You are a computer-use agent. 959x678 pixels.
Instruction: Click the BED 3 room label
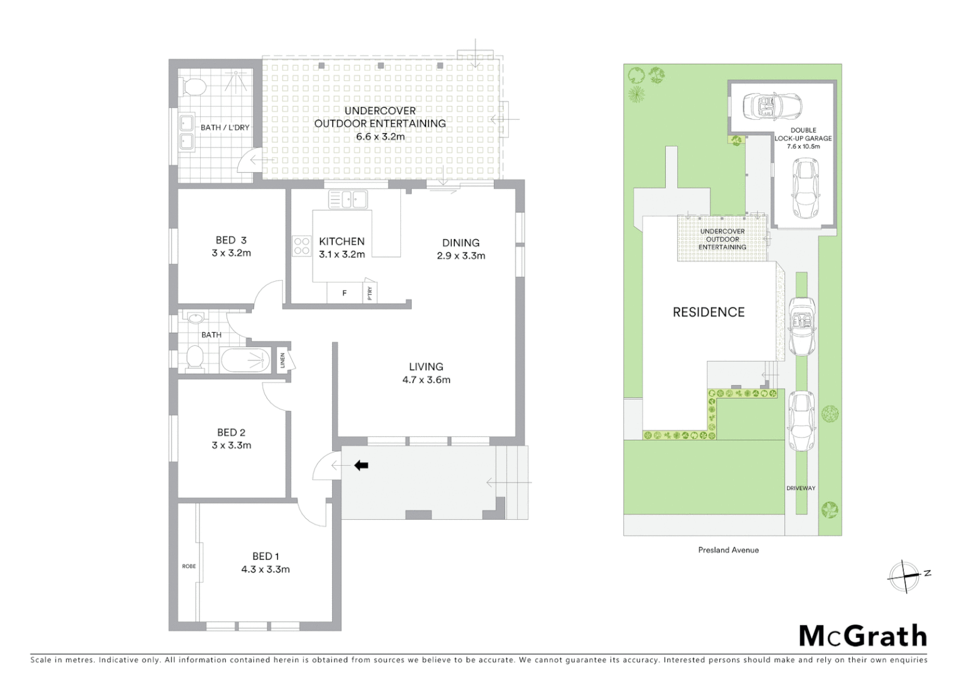231,240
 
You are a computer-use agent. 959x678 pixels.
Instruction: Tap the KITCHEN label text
341,242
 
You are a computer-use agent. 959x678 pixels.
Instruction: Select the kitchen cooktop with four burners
301,245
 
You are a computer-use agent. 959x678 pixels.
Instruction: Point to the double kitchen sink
348,200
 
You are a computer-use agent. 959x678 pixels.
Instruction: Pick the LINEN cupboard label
283,360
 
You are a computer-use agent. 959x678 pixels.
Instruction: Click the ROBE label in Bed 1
189,566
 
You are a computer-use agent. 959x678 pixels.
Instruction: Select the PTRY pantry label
370,293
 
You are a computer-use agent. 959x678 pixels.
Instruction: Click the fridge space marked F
344,293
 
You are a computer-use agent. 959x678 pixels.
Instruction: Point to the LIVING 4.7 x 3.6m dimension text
426,380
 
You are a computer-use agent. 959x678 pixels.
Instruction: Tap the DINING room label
461,243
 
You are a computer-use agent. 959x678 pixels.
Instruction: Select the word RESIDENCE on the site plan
709,312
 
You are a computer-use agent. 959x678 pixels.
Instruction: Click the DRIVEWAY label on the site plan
801,488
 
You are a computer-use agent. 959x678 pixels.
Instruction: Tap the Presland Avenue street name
728,550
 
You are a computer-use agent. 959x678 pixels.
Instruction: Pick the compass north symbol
904,575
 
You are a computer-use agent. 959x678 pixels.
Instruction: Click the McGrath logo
862,636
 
